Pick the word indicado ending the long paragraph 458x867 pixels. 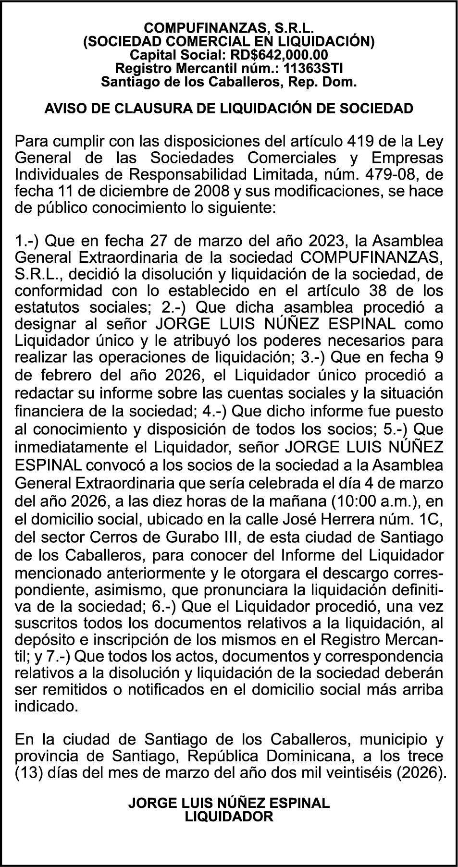pyautogui.click(x=46, y=707)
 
